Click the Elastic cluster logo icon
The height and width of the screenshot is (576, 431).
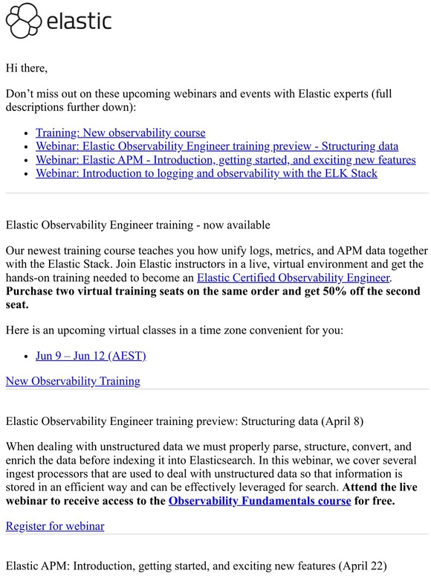pos(23,21)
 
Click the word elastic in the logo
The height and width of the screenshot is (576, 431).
pos(79,21)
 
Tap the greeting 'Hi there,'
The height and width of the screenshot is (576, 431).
pos(27,68)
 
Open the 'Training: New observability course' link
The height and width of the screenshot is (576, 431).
pos(120,133)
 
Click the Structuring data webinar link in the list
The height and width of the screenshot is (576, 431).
pos(217,147)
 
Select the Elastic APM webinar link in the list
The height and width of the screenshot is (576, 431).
pos(226,160)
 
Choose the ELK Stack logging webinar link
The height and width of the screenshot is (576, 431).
pos(207,173)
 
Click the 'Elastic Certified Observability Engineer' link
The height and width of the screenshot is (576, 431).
pos(294,278)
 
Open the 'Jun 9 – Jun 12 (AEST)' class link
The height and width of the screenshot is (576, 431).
pos(91,355)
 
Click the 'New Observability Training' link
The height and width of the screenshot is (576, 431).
pos(73,381)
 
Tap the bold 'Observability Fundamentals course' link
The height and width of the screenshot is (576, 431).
pos(259,500)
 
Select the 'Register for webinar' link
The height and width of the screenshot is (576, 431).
pos(55,526)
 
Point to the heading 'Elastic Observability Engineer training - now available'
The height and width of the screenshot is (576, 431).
pos(137,225)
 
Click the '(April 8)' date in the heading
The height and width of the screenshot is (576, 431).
pos(343,421)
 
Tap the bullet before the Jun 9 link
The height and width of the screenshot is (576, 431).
pos(27,356)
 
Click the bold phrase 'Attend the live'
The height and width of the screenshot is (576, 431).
pos(380,487)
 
